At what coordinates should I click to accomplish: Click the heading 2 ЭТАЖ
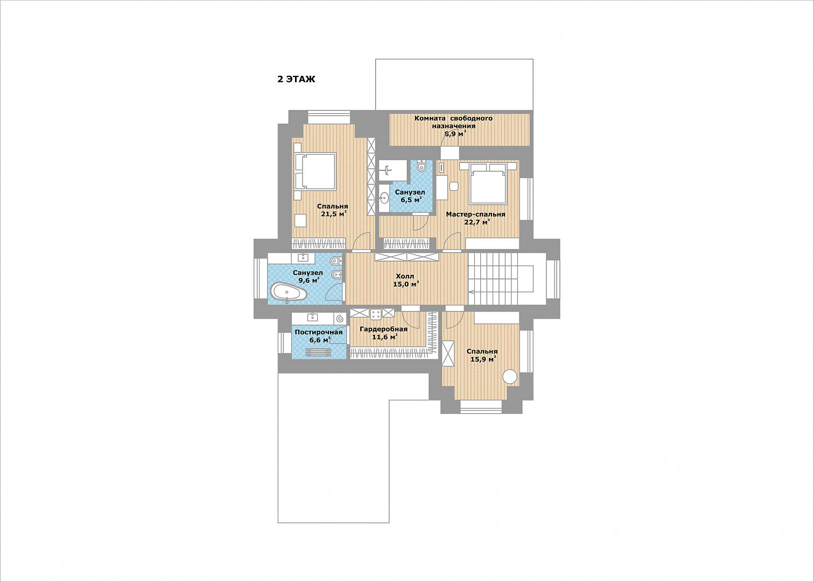click(x=296, y=79)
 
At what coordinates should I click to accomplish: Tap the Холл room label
click(x=405, y=276)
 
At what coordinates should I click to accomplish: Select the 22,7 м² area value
click(x=478, y=222)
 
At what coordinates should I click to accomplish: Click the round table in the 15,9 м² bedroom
click(x=510, y=377)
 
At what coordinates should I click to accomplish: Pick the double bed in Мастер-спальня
click(x=488, y=183)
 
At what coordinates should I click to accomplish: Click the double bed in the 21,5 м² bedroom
click(x=315, y=172)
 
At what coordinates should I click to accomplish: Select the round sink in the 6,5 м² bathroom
click(x=384, y=198)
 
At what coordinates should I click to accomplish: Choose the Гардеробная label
click(x=384, y=329)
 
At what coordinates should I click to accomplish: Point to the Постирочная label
click(x=319, y=332)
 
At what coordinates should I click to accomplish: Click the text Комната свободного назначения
click(x=453, y=122)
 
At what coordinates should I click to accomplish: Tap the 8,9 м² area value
click(x=455, y=134)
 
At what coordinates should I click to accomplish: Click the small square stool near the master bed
click(x=454, y=186)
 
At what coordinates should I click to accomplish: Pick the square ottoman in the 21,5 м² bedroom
click(x=300, y=221)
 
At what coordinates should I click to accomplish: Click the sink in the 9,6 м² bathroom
click(x=303, y=258)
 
